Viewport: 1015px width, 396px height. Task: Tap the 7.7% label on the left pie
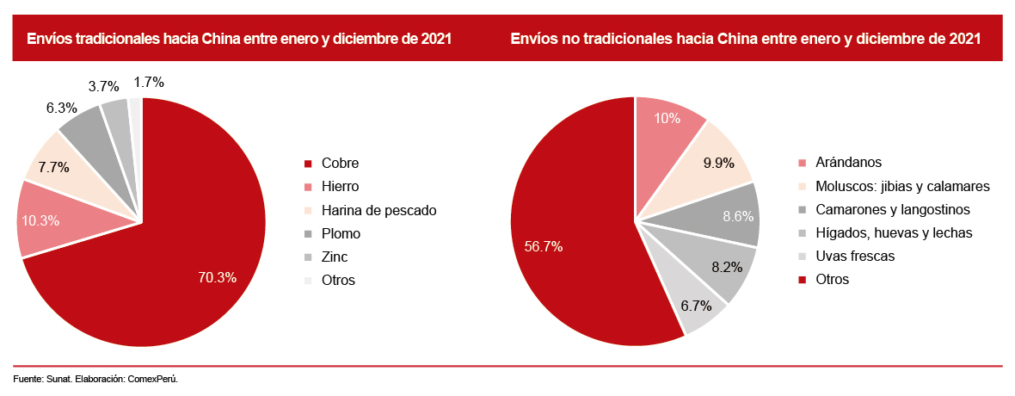click(x=53, y=167)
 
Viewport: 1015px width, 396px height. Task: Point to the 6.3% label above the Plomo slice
click(x=62, y=108)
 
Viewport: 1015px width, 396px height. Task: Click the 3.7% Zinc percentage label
click(x=103, y=86)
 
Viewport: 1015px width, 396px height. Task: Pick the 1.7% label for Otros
click(x=149, y=83)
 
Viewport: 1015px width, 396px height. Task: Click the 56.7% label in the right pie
click(x=544, y=246)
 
